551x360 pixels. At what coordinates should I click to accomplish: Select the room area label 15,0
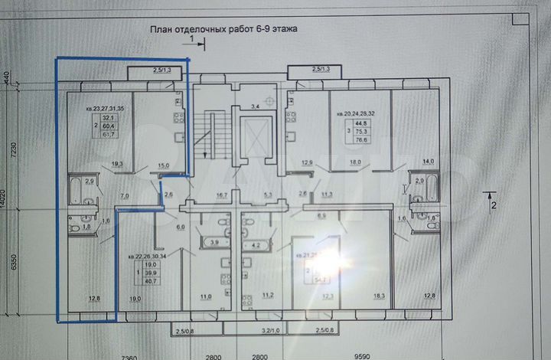(x=164, y=165)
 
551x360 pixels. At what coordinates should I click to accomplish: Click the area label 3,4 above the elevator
(x=256, y=104)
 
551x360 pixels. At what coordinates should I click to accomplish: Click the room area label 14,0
(x=427, y=161)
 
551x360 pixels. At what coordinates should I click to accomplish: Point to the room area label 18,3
(x=358, y=295)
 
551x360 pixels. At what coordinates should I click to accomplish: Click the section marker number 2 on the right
(x=494, y=205)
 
